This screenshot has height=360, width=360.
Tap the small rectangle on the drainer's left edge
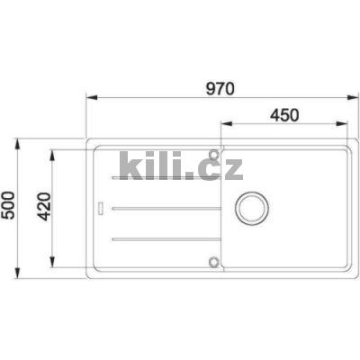pyautogui.click(x=100, y=210)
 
